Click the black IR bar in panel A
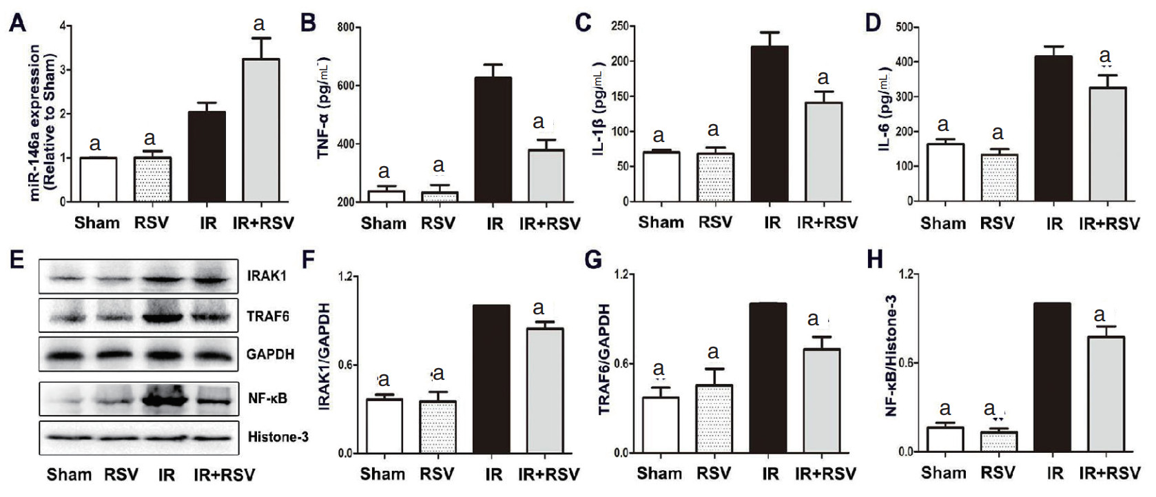207,156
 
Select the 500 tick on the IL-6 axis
905,28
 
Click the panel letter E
17,259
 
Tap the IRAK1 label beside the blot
267,276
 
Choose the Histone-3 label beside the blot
278,437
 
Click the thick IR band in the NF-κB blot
165,398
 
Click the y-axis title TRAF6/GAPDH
606,360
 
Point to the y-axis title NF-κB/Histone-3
891,356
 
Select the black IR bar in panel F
492,379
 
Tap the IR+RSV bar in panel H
1106,394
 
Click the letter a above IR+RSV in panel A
259,24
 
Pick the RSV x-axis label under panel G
713,474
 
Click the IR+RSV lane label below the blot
224,475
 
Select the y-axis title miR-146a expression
43,123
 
